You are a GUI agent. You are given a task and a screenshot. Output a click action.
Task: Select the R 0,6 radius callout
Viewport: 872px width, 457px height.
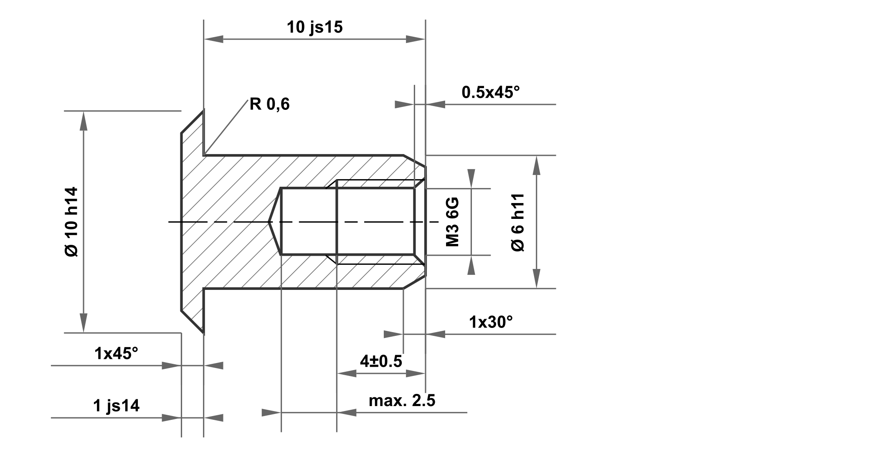[x=269, y=104]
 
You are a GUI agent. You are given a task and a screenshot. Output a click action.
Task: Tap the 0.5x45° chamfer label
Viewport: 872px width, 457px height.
[x=491, y=92]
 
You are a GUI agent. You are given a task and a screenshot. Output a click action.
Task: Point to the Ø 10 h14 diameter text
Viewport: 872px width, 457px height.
[x=71, y=222]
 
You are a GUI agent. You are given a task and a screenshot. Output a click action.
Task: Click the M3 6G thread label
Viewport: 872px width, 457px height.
[x=453, y=222]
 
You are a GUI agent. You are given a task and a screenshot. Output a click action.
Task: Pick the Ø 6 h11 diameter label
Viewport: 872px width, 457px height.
[x=518, y=222]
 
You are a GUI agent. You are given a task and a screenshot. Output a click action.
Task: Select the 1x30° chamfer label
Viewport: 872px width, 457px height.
[x=491, y=322]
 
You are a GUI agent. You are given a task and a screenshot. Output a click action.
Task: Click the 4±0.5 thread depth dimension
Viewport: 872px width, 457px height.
[x=381, y=361]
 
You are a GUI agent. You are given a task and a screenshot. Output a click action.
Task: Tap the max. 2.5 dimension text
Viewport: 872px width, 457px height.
[x=402, y=401]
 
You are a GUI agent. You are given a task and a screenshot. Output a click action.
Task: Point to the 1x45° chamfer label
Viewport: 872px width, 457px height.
[x=116, y=354]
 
